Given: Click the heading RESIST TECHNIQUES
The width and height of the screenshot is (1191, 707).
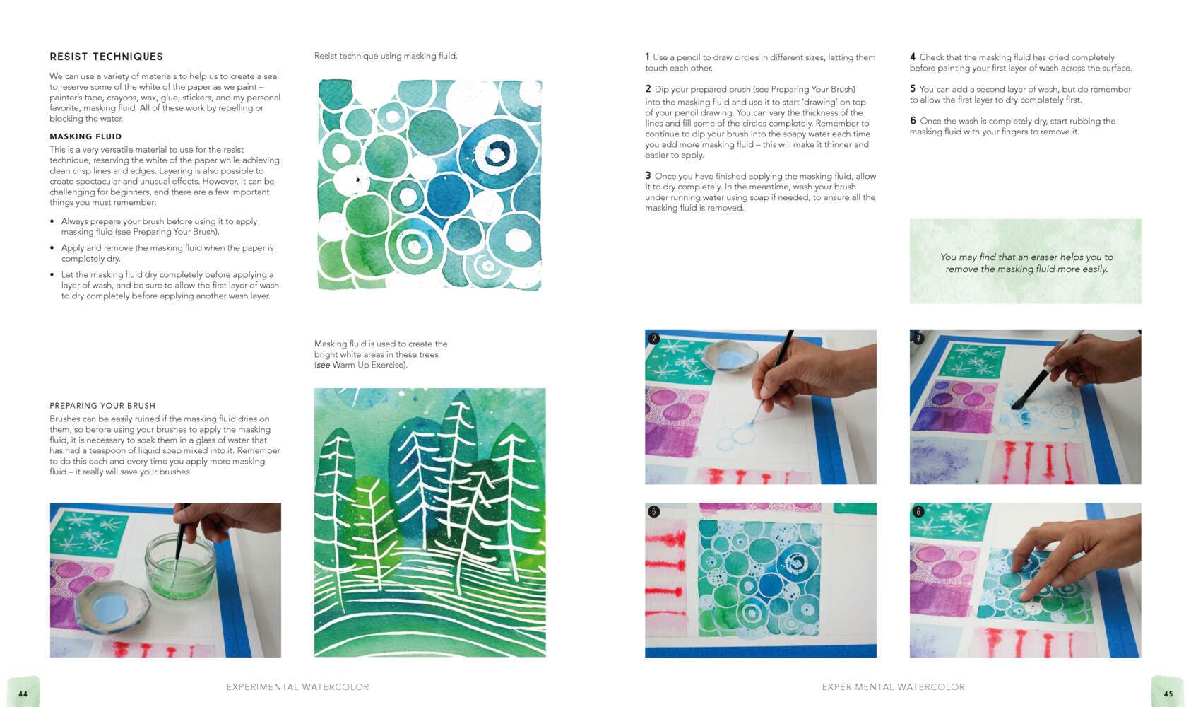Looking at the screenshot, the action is click(x=107, y=57).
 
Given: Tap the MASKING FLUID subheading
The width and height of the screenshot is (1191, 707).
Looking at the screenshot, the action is click(x=85, y=136).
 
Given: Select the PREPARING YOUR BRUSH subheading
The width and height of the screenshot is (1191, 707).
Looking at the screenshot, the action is click(x=102, y=405).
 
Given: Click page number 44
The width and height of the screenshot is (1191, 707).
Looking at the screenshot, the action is click(x=23, y=694).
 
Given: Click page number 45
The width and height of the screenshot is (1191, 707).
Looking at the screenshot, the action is click(x=1168, y=694).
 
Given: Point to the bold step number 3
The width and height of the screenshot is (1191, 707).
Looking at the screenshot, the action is click(x=648, y=175).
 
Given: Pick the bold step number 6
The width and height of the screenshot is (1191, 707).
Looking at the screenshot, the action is click(x=913, y=121).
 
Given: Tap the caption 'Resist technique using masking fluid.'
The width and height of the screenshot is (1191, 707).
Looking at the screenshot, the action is click(x=386, y=56).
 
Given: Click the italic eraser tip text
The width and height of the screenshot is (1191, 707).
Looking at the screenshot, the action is click(x=1026, y=263).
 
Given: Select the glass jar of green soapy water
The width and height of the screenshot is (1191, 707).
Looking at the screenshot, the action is click(x=180, y=566).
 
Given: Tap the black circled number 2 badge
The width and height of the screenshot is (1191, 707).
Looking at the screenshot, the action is click(x=654, y=339).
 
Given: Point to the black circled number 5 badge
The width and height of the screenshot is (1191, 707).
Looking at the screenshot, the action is click(x=654, y=511).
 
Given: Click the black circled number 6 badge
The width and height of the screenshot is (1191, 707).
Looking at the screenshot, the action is click(x=918, y=511).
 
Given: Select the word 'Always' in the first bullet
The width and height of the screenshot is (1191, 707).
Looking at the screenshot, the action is click(x=74, y=221).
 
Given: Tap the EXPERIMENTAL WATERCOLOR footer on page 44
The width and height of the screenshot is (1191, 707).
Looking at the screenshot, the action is click(x=298, y=686).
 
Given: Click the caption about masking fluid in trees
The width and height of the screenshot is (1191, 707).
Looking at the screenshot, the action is click(x=381, y=354).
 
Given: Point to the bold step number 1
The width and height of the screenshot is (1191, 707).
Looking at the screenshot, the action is click(x=648, y=57).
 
